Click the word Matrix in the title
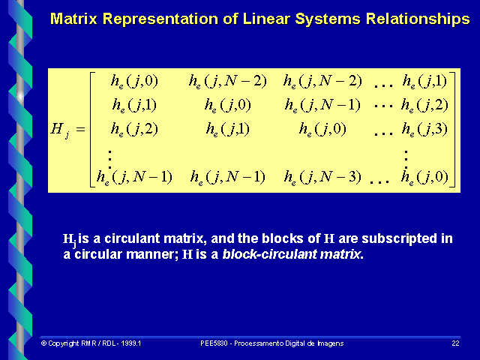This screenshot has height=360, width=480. coord(73,18)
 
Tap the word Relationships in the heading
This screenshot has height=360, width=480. coord(413,18)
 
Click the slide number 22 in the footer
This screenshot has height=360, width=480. coord(455,343)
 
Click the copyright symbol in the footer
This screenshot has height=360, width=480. coord(43,343)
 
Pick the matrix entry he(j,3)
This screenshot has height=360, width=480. coord(424,129)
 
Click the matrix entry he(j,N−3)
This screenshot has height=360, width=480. coord(322,178)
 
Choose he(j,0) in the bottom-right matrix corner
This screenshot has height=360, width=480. coord(424,178)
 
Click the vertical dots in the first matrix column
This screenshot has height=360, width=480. coord(110,155)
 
